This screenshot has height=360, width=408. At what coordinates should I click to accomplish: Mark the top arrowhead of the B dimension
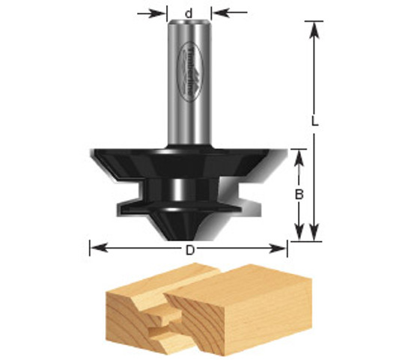[x=299, y=154]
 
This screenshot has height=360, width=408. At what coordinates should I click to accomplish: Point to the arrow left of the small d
[x=157, y=12]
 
